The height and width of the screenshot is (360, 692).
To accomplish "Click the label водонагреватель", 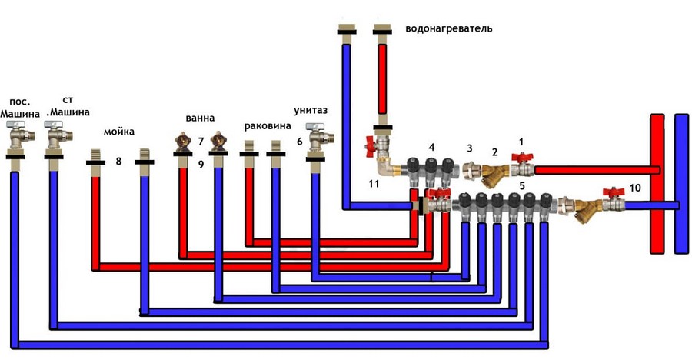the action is [x=448, y=29].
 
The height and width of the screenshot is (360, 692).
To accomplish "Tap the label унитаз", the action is [x=311, y=111].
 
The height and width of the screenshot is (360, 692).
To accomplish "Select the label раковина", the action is [x=268, y=126].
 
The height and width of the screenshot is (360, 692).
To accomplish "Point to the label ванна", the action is [x=200, y=118].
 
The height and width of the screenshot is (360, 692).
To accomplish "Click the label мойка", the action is [x=119, y=132].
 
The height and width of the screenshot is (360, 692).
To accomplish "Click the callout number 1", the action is [x=521, y=142].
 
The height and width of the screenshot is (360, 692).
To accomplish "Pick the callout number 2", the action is [x=494, y=152].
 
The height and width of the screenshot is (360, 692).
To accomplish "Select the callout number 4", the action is [x=431, y=147].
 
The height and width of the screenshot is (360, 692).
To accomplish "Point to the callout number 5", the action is [x=522, y=186].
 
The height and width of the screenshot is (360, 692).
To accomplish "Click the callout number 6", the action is [x=300, y=142].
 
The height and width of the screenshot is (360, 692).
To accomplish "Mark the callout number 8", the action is [x=118, y=162].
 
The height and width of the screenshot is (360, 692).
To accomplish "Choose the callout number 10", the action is [x=634, y=188].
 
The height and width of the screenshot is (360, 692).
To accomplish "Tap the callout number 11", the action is [x=374, y=184].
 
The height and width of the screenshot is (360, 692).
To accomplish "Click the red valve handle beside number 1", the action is [x=522, y=157].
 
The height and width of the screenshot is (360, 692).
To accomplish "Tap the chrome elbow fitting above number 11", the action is [x=383, y=168].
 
